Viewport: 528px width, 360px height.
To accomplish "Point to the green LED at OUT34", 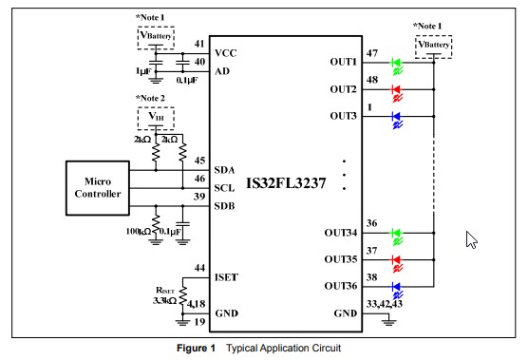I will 398,234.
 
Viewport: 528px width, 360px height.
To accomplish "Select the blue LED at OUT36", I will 398,287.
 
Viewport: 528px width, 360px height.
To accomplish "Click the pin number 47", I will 372,55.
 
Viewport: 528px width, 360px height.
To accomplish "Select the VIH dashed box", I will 157,117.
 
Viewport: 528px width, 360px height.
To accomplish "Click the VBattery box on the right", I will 433,46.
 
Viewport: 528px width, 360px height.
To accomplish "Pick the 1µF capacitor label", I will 143,72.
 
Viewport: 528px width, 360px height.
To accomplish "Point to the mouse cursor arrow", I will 471,239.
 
